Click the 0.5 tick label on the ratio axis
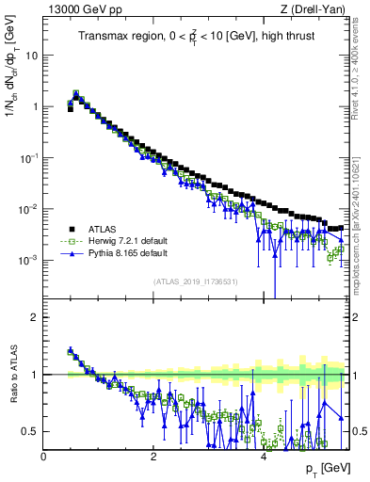tap(30, 431)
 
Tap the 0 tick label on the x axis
tap(44, 456)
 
